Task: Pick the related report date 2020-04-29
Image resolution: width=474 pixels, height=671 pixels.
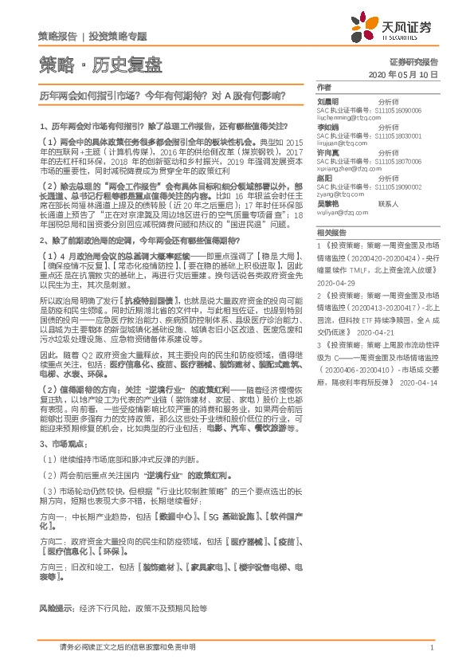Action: (x=335, y=282)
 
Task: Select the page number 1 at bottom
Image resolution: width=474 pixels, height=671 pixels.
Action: (x=431, y=649)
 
